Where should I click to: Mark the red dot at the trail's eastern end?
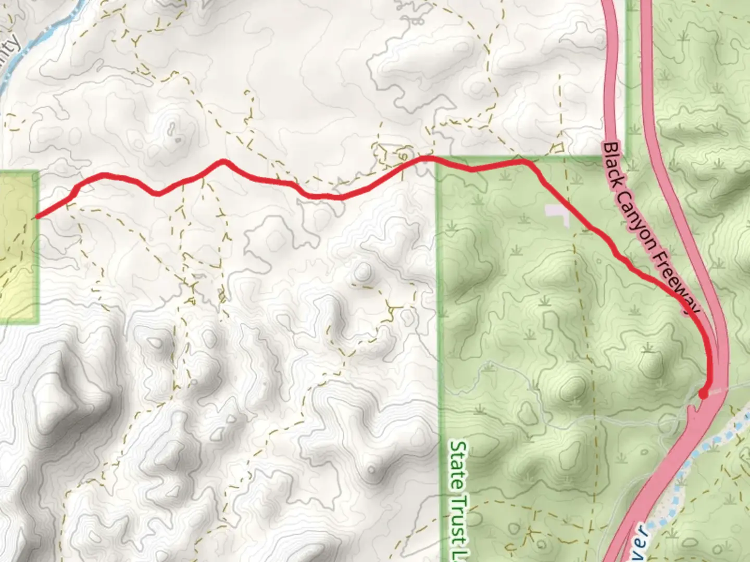tap(703, 394)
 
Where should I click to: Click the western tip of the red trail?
tap(36, 216)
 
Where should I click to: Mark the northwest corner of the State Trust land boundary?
tap(438, 158)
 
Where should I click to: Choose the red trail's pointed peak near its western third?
tap(223, 161)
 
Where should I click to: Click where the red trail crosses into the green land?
tap(436, 161)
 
